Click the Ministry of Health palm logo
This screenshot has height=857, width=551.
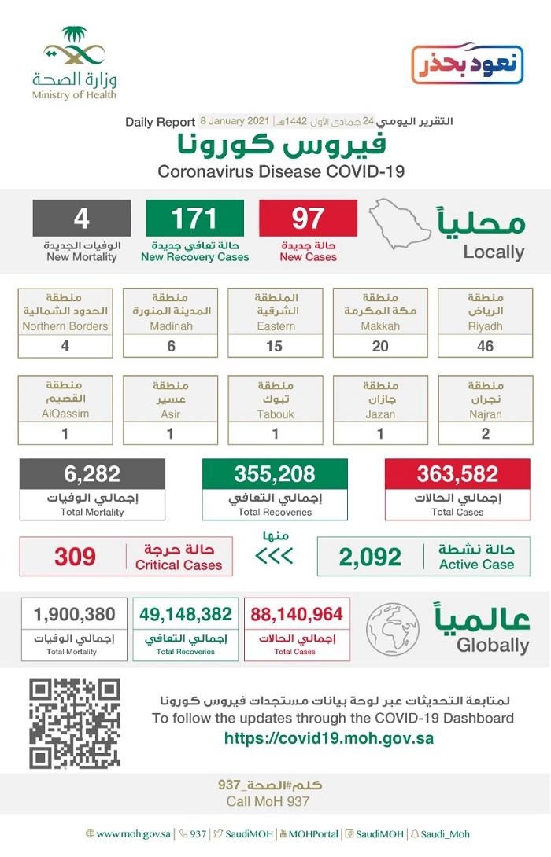[74, 49]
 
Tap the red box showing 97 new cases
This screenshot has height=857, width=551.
[308, 218]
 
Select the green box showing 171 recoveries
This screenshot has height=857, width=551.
[194, 218]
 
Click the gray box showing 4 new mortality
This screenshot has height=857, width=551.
[82, 218]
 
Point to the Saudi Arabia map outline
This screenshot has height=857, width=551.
[400, 224]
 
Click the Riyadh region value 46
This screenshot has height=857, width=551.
[485, 346]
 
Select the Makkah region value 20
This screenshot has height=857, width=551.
[380, 346]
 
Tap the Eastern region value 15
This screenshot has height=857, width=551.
[275, 346]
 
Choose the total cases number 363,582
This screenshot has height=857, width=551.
[458, 474]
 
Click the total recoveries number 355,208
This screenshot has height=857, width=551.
[274, 474]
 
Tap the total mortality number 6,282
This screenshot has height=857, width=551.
[92, 474]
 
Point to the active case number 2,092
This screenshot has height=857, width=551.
[370, 557]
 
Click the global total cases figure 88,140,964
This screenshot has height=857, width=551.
[297, 613]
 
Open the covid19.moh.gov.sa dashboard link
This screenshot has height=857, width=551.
[328, 738]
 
